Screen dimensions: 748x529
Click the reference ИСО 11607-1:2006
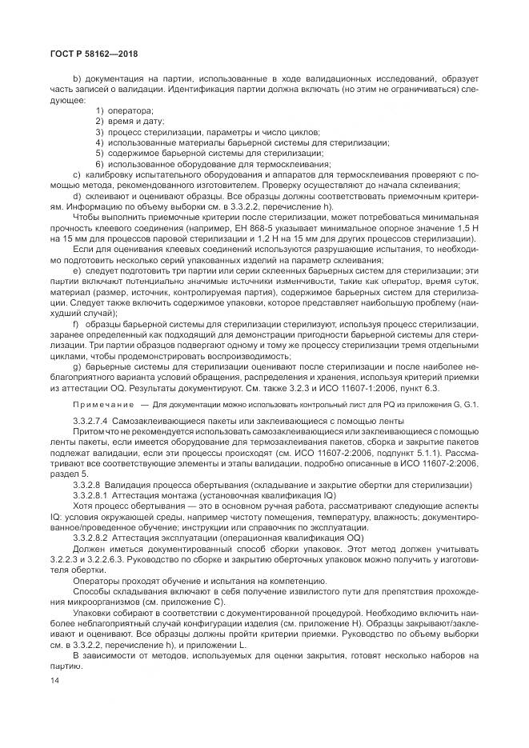pyautogui.click(x=386, y=388)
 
